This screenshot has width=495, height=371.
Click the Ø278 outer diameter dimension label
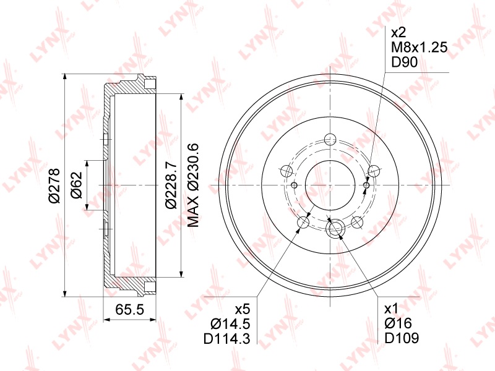[x=54, y=185]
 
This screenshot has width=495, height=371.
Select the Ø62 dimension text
[x=77, y=185]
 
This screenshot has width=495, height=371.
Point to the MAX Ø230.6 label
[x=193, y=185]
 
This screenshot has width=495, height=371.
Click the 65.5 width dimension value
[x=129, y=310]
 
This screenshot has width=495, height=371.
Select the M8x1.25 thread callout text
[x=420, y=48]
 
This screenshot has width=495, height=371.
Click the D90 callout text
[x=405, y=62]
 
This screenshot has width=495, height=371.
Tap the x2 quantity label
[x=398, y=33]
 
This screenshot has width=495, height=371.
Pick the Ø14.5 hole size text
[x=230, y=323]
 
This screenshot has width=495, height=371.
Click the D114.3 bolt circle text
[x=227, y=339]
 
